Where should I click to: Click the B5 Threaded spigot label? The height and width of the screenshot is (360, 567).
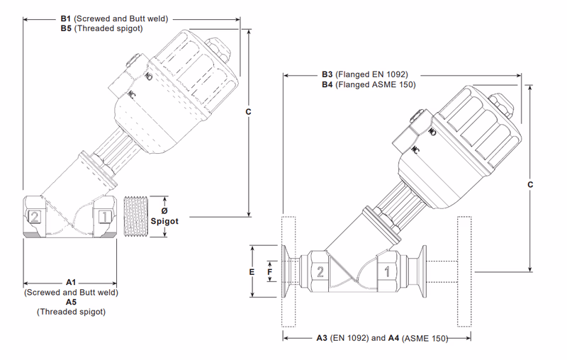point(66,29)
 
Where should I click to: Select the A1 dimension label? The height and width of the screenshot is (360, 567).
point(71,282)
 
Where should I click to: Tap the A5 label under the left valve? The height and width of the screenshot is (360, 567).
point(71,301)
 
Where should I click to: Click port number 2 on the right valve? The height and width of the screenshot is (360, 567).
point(320,271)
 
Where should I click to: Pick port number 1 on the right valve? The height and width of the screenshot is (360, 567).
point(387,271)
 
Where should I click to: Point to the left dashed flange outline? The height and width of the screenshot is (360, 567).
point(288,271)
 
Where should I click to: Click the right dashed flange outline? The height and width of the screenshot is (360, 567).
point(464,271)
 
